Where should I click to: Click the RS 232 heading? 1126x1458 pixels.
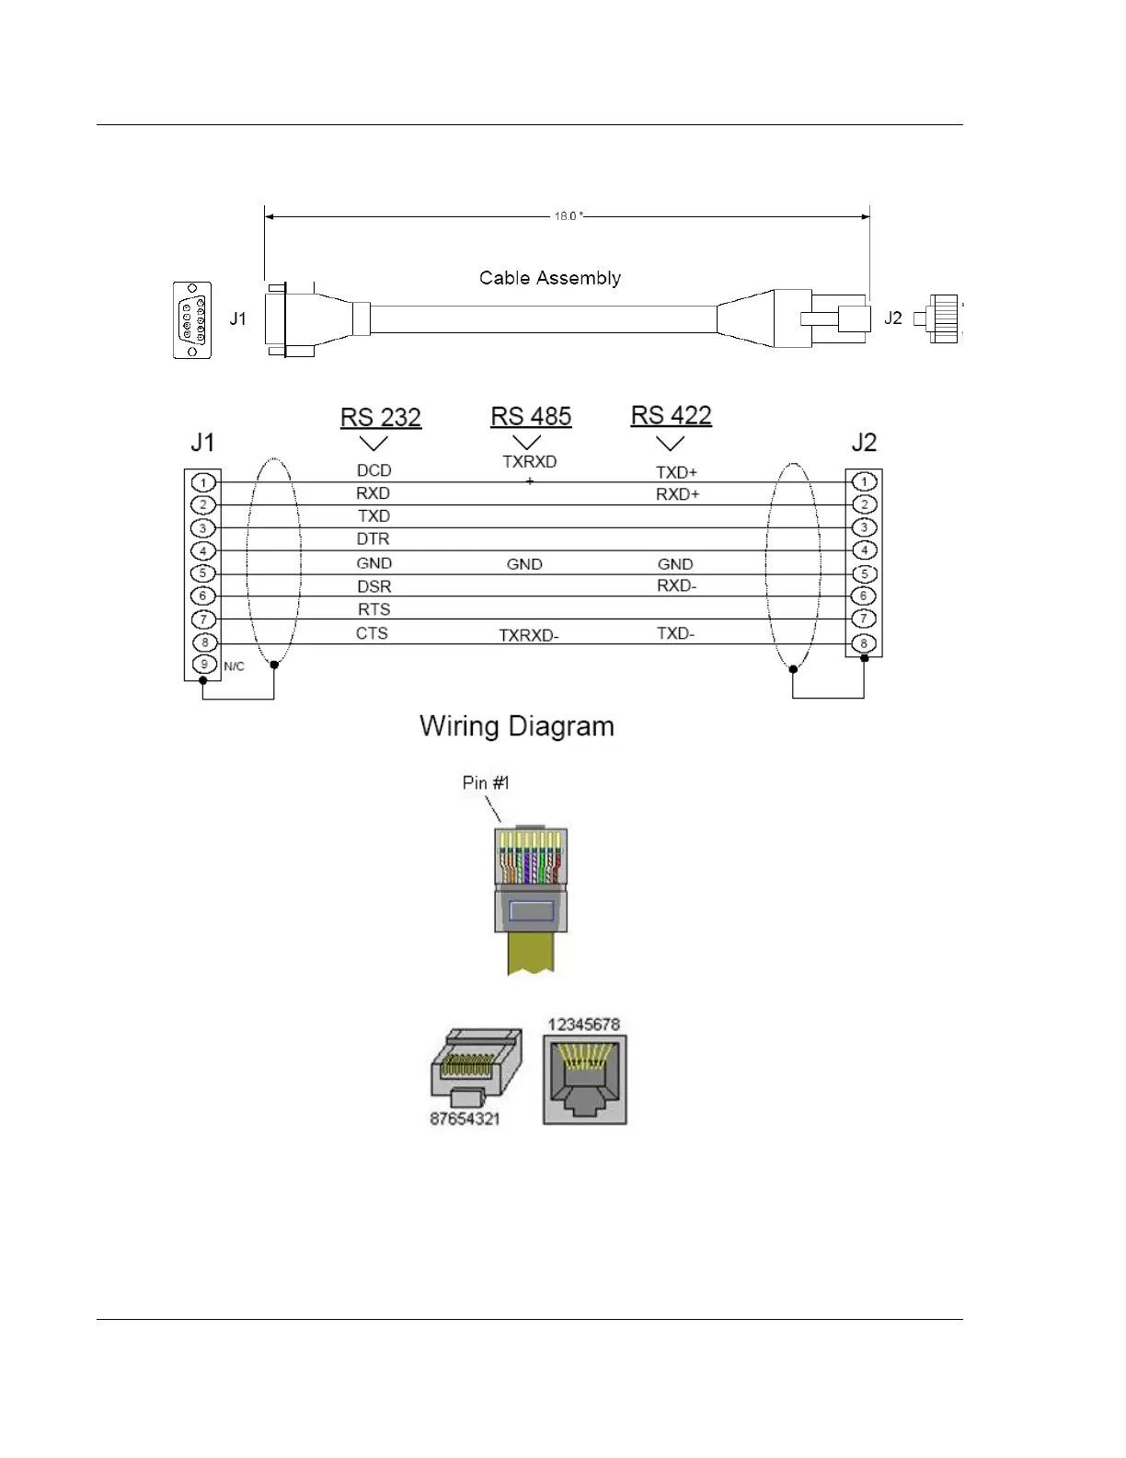380,417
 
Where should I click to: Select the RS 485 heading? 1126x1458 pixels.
531,416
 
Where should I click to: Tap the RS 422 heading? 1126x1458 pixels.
671,415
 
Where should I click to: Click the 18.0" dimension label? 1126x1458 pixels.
568,216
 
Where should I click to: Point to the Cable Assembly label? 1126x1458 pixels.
549,278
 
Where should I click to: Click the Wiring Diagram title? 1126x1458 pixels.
516,726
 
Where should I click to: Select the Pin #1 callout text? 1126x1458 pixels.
485,783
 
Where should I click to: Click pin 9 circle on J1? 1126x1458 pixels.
203,665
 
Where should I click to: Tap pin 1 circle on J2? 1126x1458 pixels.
863,481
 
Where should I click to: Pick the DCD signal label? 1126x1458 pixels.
373,470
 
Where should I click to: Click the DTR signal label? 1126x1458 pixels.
373,538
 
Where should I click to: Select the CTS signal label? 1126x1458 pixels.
372,633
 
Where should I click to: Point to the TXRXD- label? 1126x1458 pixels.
529,635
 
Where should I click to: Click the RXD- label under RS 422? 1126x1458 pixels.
676,586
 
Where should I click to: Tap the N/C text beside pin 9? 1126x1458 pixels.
234,666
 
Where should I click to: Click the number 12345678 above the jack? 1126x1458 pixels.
583,1024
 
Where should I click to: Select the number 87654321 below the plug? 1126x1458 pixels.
465,1119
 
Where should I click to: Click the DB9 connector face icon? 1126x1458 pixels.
192,319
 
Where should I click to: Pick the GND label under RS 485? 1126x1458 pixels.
524,564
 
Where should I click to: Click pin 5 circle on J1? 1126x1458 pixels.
203,573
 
